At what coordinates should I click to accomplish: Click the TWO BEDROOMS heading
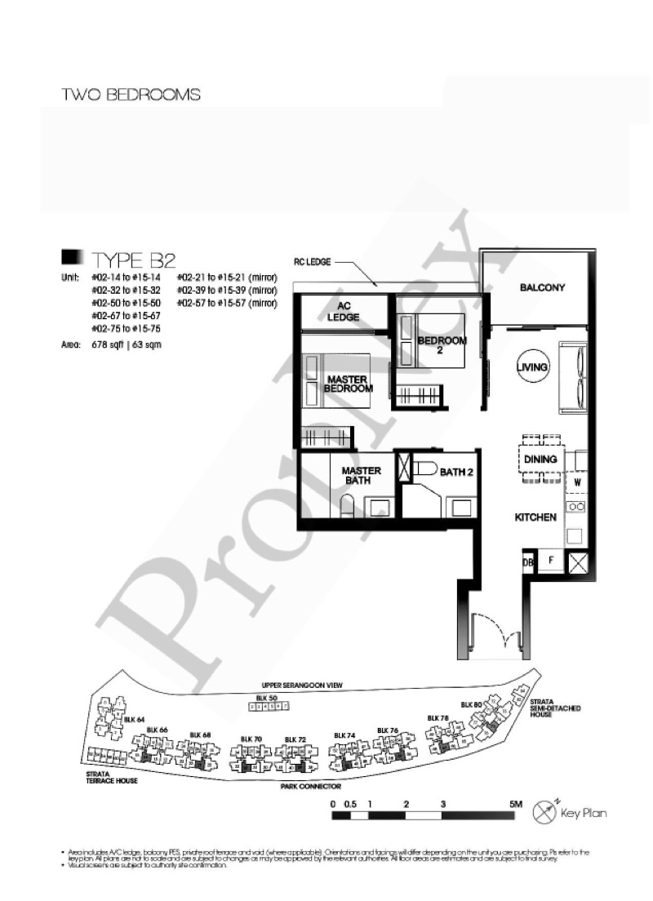click(x=131, y=95)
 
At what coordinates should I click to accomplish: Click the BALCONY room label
click(x=542, y=288)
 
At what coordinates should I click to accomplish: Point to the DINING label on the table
click(x=540, y=459)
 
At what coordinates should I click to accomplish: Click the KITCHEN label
click(x=535, y=517)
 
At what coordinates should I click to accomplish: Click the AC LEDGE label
click(x=344, y=312)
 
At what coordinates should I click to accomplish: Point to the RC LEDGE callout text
click(x=312, y=263)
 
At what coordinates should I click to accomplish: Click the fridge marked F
click(x=551, y=561)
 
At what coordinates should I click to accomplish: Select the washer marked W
click(x=576, y=482)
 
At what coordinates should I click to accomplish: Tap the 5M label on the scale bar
click(x=515, y=805)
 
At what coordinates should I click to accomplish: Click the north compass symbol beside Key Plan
click(x=544, y=812)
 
